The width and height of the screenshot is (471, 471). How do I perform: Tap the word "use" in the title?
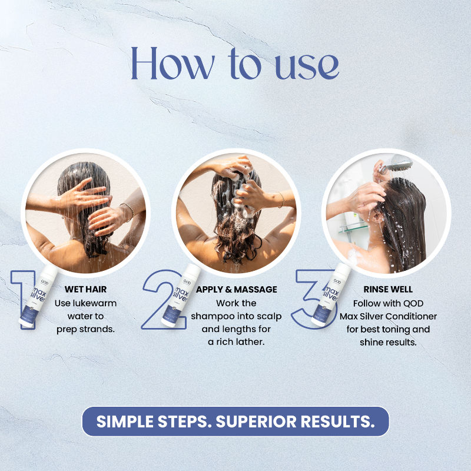[x=307, y=66]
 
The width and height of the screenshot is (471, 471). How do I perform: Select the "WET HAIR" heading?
[x=85, y=289]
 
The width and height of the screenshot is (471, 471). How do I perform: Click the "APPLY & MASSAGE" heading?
[x=237, y=289]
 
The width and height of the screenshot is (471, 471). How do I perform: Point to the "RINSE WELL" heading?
[x=388, y=289]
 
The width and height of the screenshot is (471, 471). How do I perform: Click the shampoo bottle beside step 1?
[x=38, y=296]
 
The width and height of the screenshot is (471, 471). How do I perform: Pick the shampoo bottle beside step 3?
[x=331, y=295]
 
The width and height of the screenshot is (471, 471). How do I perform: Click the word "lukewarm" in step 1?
[x=94, y=303]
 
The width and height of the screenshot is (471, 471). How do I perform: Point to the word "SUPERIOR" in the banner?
[x=256, y=422]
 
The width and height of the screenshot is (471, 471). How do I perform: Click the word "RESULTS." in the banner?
[x=338, y=422]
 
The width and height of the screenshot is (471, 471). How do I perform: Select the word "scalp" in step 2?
[x=271, y=317]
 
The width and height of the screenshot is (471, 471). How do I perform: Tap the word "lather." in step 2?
[x=251, y=342]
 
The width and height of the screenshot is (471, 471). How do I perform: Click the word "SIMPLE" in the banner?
[x=125, y=422]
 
